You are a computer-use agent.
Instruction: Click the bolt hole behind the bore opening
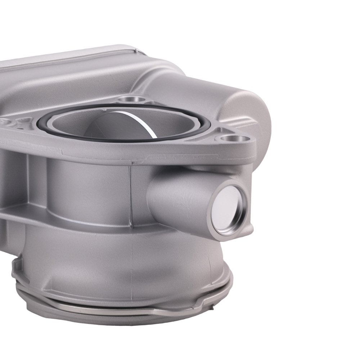click(x=130, y=99)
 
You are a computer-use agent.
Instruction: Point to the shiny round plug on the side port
click(x=229, y=209)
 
